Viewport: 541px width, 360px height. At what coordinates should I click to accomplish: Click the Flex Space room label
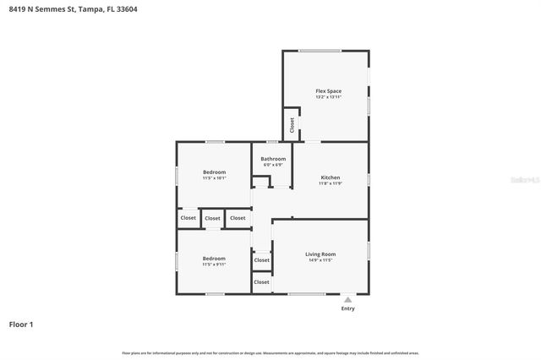point(328,90)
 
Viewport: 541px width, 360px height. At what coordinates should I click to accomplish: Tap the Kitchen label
point(330,177)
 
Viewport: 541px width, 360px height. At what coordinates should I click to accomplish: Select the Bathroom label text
point(273,159)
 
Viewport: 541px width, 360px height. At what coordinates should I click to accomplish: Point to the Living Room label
point(320,254)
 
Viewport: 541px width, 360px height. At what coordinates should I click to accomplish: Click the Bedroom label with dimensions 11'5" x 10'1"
point(214,172)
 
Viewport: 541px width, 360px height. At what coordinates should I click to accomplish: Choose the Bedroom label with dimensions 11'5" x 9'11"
point(214,259)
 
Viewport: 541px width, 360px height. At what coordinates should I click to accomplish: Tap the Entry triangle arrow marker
point(347,299)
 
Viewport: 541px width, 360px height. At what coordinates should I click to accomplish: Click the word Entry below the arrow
point(347,308)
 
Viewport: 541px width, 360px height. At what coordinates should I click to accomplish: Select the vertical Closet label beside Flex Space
point(292,125)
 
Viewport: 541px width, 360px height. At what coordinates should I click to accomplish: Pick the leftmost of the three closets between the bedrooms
point(189,218)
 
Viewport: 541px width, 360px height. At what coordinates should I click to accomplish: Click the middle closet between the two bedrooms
point(212,219)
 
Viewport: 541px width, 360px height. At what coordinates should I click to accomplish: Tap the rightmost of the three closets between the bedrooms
point(238,218)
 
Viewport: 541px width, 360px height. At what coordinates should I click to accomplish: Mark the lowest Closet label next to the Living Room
point(262,282)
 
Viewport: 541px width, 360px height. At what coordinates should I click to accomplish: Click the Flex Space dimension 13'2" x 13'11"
point(328,97)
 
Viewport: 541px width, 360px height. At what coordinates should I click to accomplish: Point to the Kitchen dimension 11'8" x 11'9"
point(330,183)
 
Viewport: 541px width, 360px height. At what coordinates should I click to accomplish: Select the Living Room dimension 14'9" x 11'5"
point(320,260)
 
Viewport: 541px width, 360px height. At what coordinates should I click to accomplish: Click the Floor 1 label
point(21,324)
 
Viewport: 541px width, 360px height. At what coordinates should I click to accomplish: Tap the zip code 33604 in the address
point(127,8)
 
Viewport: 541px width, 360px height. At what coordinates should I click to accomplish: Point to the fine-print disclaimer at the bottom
point(270,352)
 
